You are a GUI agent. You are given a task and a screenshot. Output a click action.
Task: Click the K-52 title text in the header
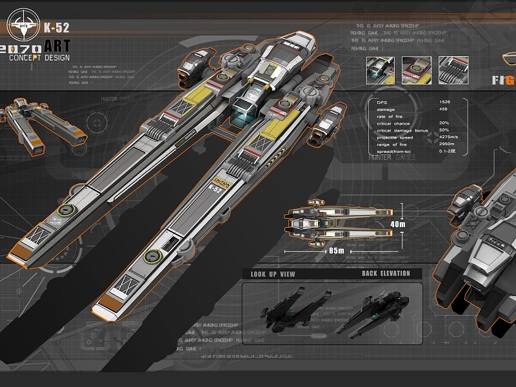[x=56, y=27]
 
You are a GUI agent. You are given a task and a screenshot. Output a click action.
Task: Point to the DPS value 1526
[x=445, y=102]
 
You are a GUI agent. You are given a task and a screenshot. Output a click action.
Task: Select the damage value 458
[x=444, y=109]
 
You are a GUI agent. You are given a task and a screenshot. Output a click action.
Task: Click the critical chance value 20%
[x=444, y=123]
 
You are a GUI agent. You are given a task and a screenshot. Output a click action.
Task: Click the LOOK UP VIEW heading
[x=273, y=274]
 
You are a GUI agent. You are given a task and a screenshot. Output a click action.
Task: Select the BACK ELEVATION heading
[x=386, y=273]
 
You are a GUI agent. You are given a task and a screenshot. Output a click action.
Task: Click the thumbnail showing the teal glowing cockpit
[x=381, y=70]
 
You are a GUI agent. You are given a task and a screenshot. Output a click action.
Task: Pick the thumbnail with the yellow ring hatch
[x=417, y=70]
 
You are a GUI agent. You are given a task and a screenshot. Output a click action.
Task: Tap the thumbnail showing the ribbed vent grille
[x=453, y=70]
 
